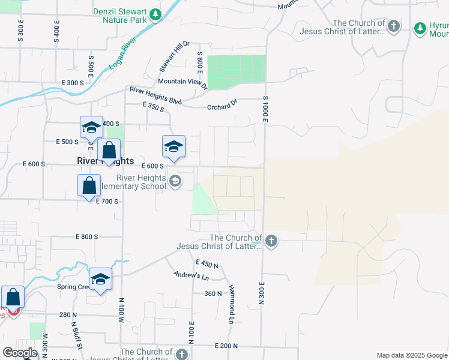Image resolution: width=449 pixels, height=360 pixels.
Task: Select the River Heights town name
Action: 105,161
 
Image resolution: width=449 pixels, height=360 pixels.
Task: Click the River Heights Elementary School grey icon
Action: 175,181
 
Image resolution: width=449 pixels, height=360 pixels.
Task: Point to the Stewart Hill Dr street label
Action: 174,54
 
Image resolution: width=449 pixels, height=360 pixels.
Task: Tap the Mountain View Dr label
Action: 182,83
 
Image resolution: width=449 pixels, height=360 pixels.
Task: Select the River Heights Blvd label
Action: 155,95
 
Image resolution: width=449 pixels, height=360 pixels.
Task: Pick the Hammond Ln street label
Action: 231,304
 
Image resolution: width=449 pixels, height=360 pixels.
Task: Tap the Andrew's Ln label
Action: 191,276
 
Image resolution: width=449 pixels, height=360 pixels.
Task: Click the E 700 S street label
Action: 107,201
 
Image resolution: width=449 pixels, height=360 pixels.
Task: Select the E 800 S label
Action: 87,237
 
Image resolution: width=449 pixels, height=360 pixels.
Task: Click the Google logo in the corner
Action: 19,353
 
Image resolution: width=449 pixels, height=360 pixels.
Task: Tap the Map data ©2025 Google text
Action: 412,355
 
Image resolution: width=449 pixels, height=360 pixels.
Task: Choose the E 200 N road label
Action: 226,346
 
